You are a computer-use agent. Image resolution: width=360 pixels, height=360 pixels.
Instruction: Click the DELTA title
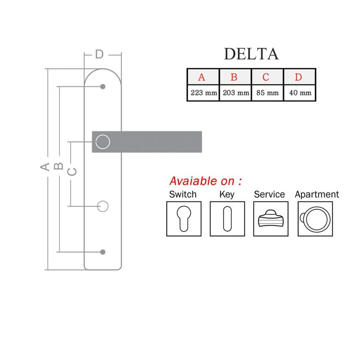(251, 54)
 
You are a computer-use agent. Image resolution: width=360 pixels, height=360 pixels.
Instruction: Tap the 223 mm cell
(203, 93)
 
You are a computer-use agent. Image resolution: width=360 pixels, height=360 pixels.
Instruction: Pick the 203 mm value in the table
(235, 93)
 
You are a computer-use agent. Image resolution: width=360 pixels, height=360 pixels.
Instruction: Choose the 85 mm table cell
(267, 93)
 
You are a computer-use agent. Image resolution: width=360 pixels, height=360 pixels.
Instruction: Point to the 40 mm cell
(300, 93)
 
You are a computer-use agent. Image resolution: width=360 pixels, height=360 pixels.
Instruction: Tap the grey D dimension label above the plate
(99, 54)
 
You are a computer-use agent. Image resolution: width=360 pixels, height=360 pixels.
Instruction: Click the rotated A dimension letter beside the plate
(45, 166)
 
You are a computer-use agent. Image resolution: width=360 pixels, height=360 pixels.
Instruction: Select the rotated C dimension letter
(72, 172)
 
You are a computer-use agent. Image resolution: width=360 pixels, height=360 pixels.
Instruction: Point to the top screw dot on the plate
(103, 86)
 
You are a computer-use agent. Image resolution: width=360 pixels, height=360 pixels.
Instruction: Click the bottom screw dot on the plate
(103, 252)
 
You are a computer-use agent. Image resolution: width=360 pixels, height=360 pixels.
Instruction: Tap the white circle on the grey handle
(103, 135)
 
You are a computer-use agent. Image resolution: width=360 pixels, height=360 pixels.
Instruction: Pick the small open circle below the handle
(103, 201)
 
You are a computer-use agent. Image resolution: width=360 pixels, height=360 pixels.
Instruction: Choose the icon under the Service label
(271, 219)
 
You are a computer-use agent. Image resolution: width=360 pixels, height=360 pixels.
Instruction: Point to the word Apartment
(317, 195)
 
